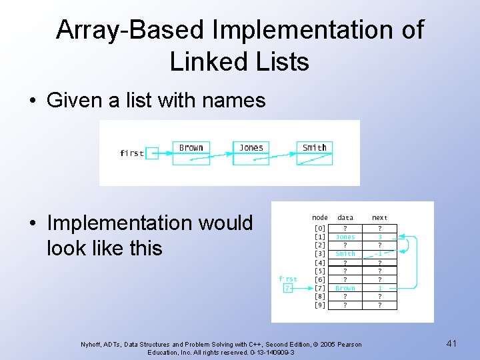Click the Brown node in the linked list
tap(191, 153)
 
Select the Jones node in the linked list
tap(251, 153)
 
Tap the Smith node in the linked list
tap(314, 153)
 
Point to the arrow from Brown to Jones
tap(220, 159)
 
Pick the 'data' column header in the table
tap(345, 217)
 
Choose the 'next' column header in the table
tap(379, 217)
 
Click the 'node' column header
tap(320, 217)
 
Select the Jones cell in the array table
tap(345, 237)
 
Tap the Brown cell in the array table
tap(345, 288)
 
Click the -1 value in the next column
tap(379, 254)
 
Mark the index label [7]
tap(320, 288)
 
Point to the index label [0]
tap(320, 228)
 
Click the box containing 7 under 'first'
tap(287, 288)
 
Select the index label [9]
tap(320, 305)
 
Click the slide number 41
tap(451, 343)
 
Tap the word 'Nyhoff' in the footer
tap(93, 345)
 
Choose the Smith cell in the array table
tap(345, 254)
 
